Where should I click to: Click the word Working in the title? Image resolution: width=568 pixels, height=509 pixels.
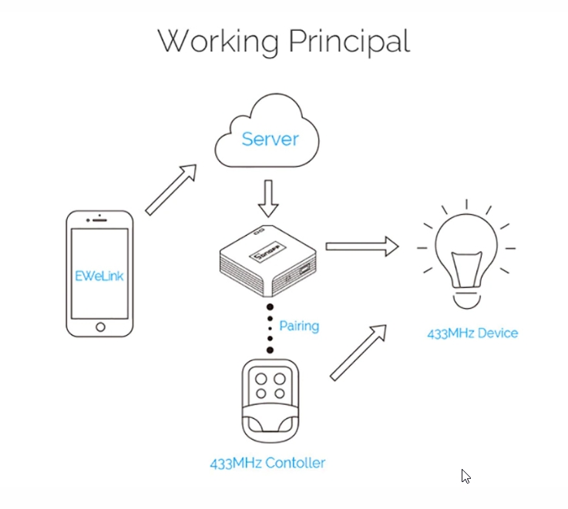(218, 42)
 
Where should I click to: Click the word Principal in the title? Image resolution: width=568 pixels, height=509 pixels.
(349, 41)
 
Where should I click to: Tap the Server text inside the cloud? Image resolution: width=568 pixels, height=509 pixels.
(271, 139)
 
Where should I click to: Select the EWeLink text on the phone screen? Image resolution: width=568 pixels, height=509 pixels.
(99, 276)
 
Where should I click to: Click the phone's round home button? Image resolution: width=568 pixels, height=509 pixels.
(100, 327)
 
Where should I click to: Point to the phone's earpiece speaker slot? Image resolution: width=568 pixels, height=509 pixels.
(99, 220)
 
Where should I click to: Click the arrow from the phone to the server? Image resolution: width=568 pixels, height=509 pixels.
(171, 189)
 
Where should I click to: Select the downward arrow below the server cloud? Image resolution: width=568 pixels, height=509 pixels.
(268, 199)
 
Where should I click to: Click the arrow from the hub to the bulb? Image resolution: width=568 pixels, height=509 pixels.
(362, 246)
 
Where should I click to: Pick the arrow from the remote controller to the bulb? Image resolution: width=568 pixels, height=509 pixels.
(358, 353)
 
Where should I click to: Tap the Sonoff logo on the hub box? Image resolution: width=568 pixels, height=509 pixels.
(267, 251)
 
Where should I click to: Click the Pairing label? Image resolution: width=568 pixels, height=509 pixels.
(299, 326)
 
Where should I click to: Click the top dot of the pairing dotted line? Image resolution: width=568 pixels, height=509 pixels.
(270, 307)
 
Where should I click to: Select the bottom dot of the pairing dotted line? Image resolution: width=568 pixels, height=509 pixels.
(270, 350)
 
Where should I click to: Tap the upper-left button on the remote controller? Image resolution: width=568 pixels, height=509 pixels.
(260, 380)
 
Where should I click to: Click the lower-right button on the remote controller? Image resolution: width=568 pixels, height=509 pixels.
(280, 393)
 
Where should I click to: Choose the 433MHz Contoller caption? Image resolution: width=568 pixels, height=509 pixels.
(267, 463)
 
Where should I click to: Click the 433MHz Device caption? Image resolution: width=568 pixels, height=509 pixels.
(472, 333)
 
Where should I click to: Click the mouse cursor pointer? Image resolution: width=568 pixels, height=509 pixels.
(465, 476)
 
